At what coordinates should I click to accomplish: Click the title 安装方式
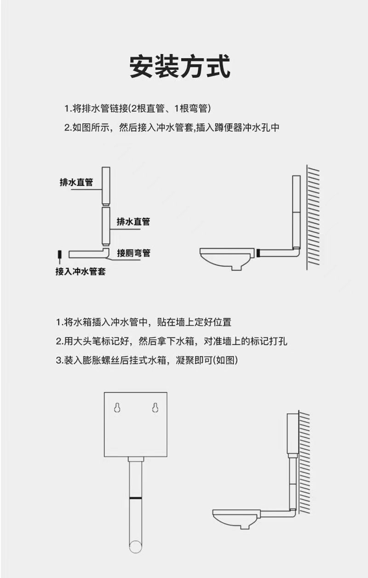(x=180, y=66)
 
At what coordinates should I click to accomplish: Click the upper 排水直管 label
(x=76, y=182)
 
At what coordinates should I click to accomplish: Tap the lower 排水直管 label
(x=133, y=221)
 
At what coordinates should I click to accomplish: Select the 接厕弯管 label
(x=133, y=253)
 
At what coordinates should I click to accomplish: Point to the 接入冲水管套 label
(x=80, y=271)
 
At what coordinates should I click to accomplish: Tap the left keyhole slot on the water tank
(x=117, y=407)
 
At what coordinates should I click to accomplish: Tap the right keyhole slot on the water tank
(x=155, y=407)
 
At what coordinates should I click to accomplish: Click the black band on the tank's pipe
(x=136, y=498)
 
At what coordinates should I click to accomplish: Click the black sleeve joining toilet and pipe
(x=257, y=252)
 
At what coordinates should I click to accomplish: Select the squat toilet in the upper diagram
(x=227, y=258)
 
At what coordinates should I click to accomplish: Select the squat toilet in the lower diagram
(x=236, y=519)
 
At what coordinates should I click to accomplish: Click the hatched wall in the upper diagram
(x=313, y=217)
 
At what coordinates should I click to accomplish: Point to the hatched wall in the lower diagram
(x=305, y=463)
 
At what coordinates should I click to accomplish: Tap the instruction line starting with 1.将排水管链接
(x=137, y=109)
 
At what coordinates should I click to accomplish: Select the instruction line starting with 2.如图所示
(x=172, y=127)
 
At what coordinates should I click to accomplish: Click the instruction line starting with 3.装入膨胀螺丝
(x=147, y=360)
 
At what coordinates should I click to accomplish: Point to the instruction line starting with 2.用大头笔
(x=172, y=341)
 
